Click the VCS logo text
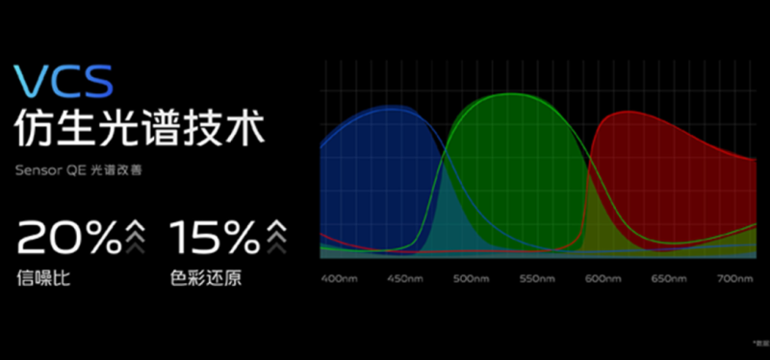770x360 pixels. point(64,81)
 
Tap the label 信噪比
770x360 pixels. point(43,279)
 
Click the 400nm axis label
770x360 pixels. point(341,278)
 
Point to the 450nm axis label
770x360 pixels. point(406,278)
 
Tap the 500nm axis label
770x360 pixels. point(472,278)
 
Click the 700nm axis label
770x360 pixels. point(733,278)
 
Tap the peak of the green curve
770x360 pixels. point(510,97)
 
